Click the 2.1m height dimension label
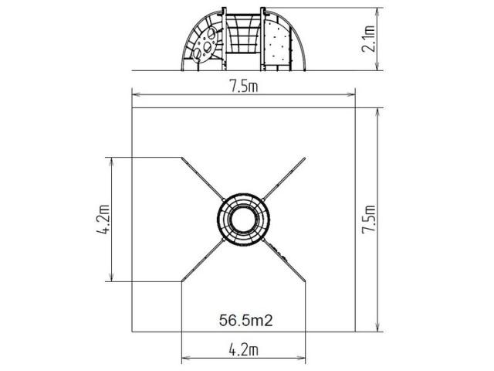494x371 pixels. point(368,39)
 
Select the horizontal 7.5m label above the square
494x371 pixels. point(243,86)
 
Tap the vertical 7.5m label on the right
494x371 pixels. point(368,220)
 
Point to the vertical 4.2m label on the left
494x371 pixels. point(103,220)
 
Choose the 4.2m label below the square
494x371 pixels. point(243,350)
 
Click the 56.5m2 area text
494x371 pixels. point(245,321)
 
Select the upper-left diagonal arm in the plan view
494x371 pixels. point(202,179)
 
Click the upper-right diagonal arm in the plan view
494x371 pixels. point(284,179)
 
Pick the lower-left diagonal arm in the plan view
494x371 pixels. point(203,260)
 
